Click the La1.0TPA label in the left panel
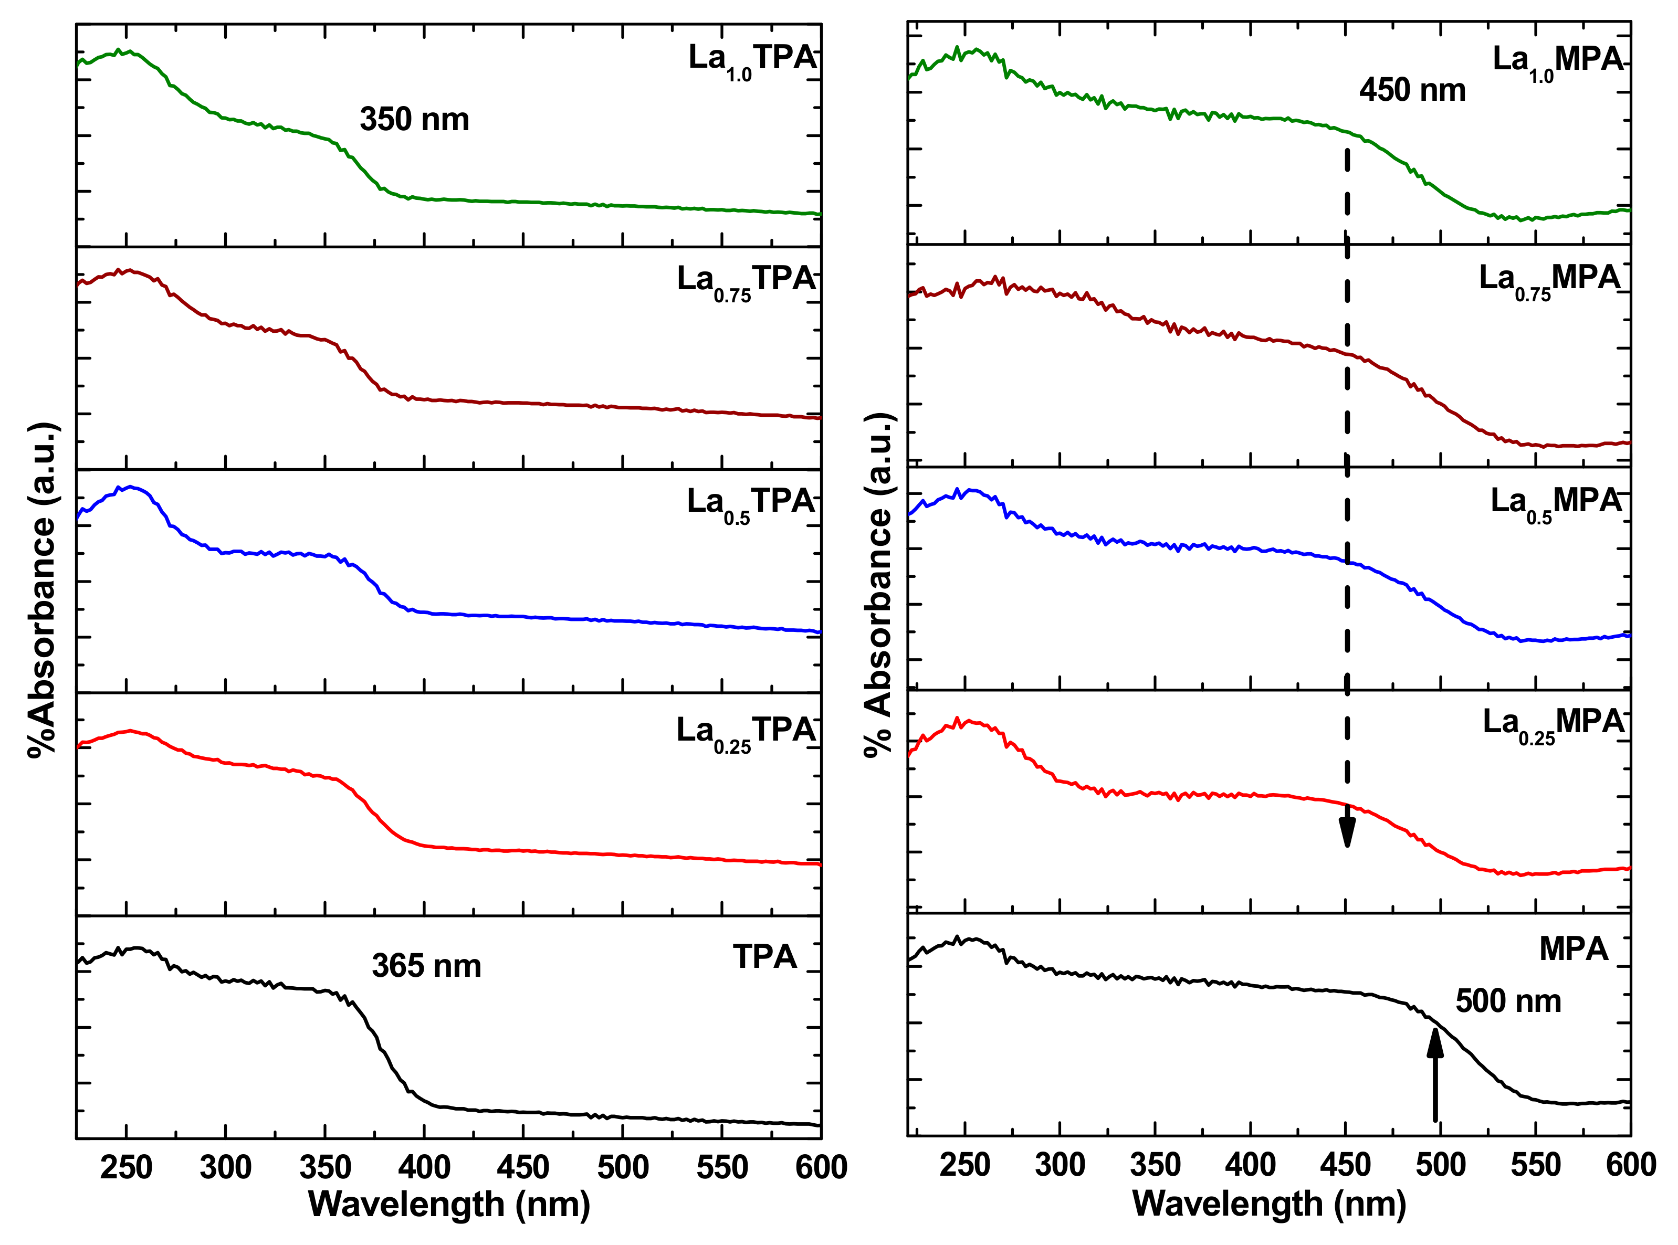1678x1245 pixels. [752, 60]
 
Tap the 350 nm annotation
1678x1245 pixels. [415, 119]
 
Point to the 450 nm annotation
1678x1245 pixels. [1412, 90]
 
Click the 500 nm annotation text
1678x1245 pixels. [1508, 1001]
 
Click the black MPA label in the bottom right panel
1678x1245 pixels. [1573, 949]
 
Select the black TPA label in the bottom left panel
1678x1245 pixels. [764, 957]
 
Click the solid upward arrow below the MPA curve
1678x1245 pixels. [1434, 1074]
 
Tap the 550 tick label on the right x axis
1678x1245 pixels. [1535, 1165]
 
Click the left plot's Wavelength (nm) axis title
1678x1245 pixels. [449, 1204]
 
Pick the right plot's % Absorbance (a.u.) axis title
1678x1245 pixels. [879, 584]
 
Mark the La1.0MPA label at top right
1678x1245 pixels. [1557, 62]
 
